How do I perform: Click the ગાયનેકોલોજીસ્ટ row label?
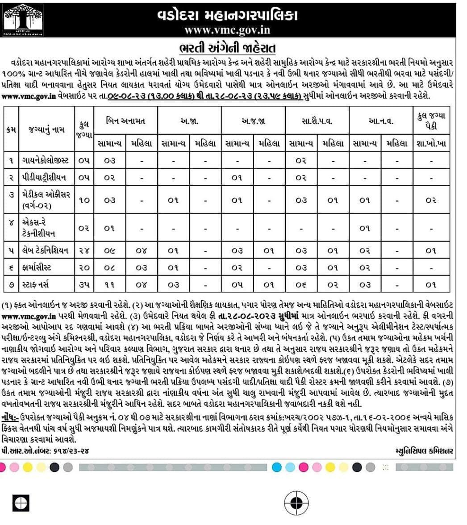[46, 160]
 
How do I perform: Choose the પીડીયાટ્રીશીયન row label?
[45, 177]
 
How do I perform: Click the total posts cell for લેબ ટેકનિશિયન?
[84, 251]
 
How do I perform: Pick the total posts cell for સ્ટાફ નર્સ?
[84, 284]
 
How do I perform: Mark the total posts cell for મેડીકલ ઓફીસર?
[84, 200]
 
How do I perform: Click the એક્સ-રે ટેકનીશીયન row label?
[42, 228]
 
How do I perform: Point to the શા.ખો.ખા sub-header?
[430, 143]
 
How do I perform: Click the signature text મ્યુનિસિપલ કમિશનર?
[424, 451]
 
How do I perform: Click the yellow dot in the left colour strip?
[27, 467]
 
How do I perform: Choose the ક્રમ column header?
[12, 130]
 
